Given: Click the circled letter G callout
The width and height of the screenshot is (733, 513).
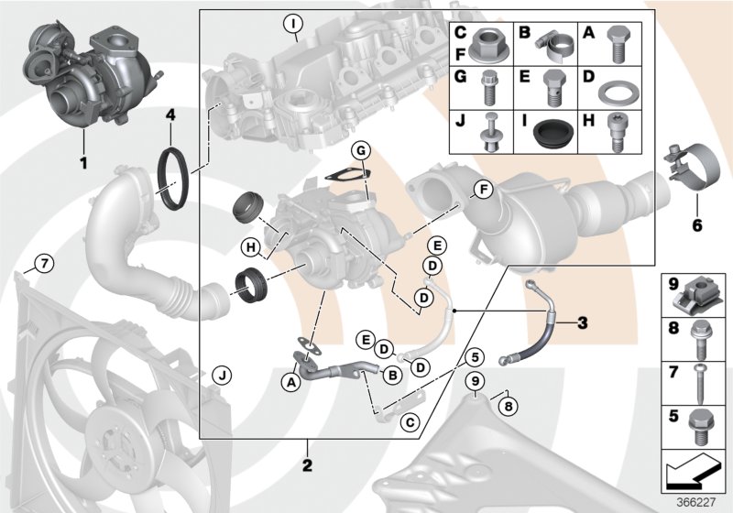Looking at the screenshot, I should tap(361, 150).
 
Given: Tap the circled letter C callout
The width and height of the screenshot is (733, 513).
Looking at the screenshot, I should tap(410, 421).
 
